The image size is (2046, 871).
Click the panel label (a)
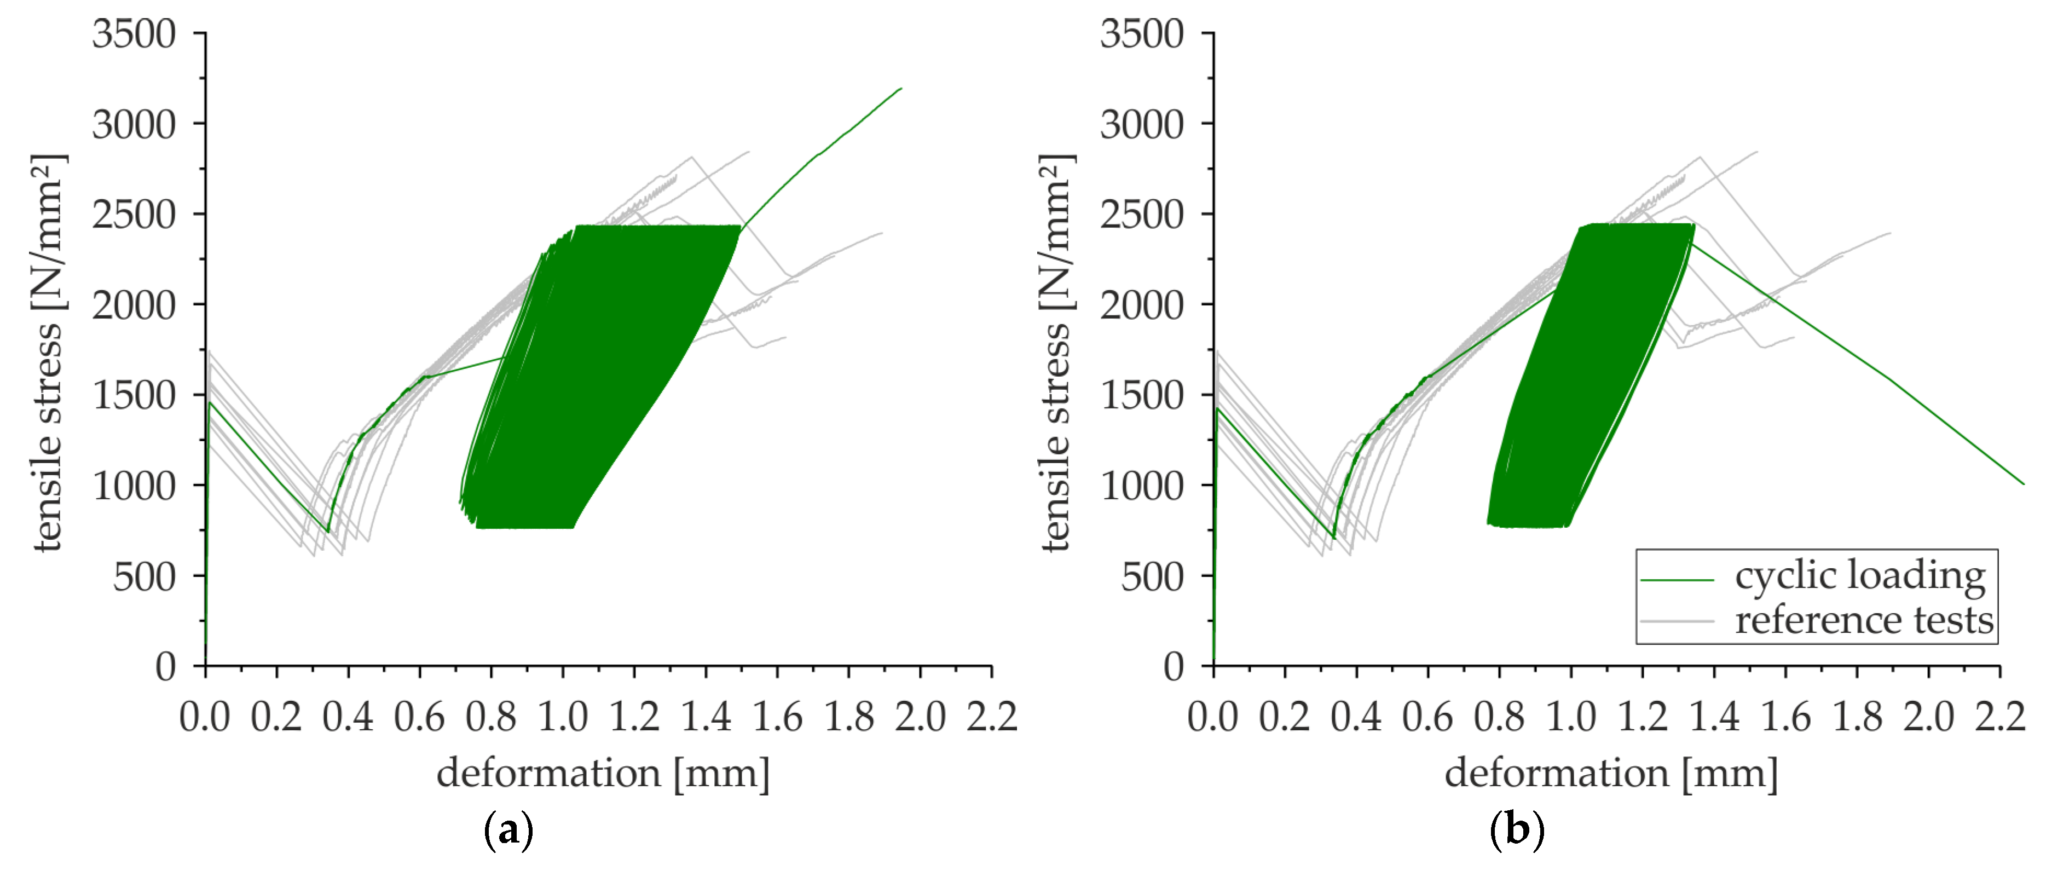(x=508, y=830)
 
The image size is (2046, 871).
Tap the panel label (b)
(x=1517, y=830)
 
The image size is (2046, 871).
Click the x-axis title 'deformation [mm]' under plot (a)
(x=603, y=773)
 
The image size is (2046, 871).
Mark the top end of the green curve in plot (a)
(x=901, y=88)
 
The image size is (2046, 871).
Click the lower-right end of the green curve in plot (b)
(x=2024, y=483)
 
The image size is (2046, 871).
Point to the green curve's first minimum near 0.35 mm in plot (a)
(x=327, y=532)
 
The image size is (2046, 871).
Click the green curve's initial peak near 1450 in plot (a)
(x=211, y=403)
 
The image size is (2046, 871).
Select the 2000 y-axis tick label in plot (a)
(x=134, y=305)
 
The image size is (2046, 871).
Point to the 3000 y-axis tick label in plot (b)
(x=1141, y=125)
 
